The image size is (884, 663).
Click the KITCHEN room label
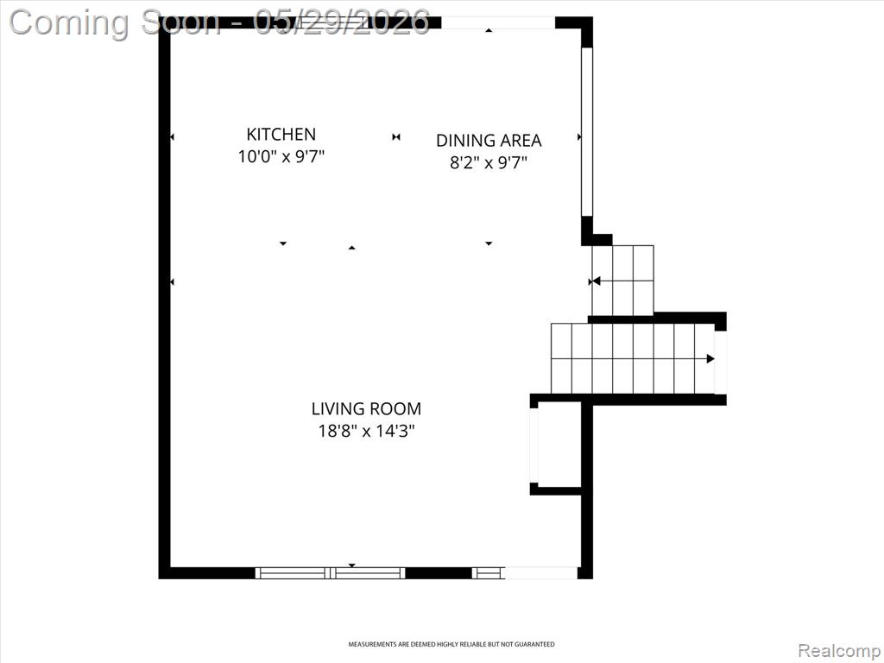(x=281, y=134)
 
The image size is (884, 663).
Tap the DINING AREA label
(x=489, y=141)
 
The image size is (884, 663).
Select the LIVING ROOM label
(x=366, y=408)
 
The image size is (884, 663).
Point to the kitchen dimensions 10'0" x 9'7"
(x=281, y=156)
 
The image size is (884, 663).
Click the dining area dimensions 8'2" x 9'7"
(x=489, y=163)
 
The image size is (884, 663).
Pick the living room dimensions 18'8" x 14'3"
(x=366, y=432)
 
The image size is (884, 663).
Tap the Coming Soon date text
(x=220, y=22)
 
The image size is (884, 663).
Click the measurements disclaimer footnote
(x=451, y=644)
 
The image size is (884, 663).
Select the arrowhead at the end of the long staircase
(x=711, y=358)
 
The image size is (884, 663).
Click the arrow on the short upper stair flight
(x=594, y=281)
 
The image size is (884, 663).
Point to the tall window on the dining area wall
(x=587, y=132)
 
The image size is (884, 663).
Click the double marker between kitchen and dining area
(x=396, y=137)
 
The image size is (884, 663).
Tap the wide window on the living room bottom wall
(x=331, y=573)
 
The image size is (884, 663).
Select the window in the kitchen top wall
(x=334, y=22)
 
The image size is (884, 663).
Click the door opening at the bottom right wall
(x=541, y=573)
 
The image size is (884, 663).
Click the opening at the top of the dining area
(x=498, y=22)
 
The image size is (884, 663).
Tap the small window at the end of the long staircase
(x=721, y=363)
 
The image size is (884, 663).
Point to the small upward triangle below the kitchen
(x=352, y=248)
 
